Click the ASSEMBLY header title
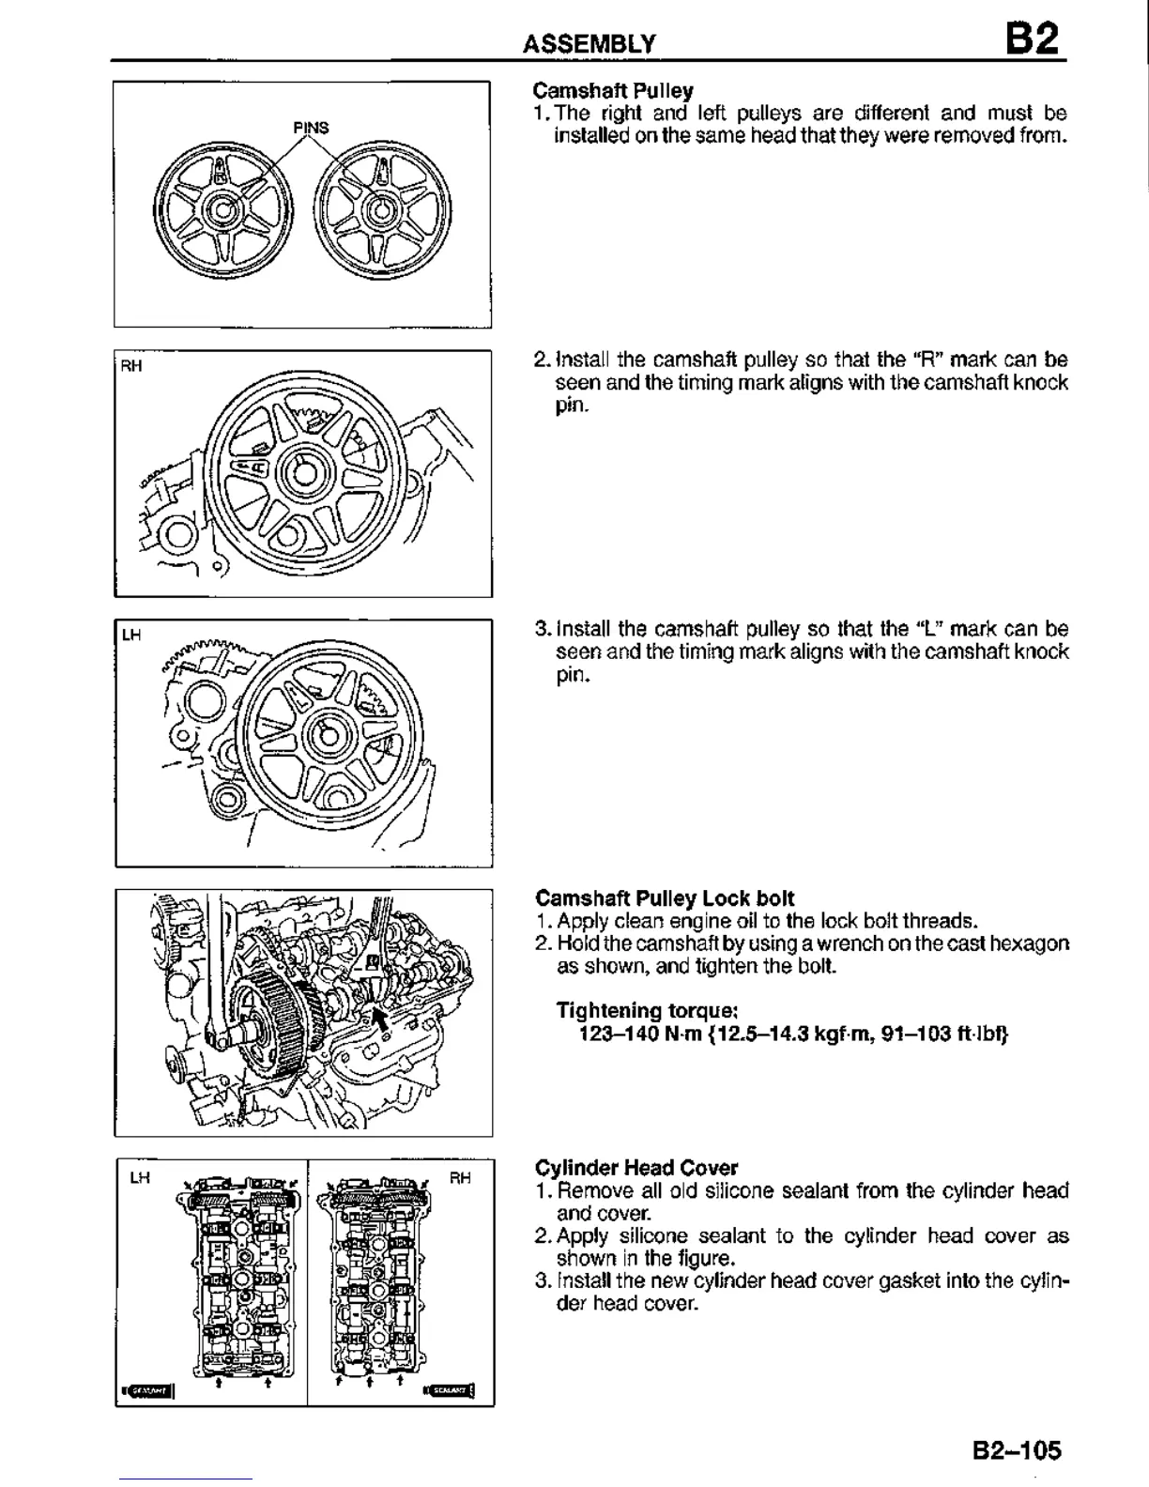[x=590, y=43]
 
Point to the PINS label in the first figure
[x=311, y=127]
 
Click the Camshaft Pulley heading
[x=613, y=91]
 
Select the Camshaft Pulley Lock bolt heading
[x=665, y=897]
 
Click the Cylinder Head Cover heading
[x=636, y=1168]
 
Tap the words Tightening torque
[x=648, y=1011]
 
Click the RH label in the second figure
[x=131, y=366]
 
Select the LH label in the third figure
[x=131, y=636]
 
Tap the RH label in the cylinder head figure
[x=461, y=1177]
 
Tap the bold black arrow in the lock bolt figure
[x=379, y=1017]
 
